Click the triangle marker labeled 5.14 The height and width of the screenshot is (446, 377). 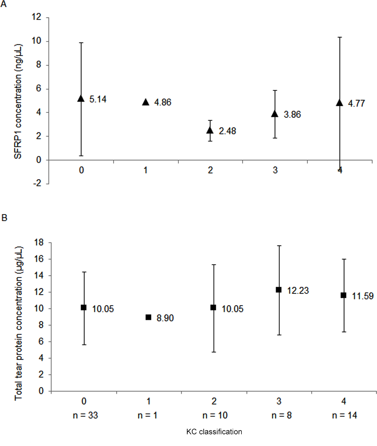81,99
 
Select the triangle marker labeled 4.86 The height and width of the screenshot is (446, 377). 146,102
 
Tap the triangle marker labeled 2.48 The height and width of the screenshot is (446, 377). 210,130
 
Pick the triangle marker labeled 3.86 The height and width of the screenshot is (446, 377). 275,114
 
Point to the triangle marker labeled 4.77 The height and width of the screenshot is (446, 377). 339,103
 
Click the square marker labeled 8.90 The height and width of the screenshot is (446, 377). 149,317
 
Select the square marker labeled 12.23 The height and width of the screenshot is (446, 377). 279,290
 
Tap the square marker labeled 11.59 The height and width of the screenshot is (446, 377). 344,295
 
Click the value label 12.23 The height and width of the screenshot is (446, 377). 298,291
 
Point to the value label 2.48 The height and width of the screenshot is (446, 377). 227,131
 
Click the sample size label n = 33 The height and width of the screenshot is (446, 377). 85,415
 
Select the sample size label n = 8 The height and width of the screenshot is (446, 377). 281,415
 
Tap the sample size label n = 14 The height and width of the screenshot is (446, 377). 344,415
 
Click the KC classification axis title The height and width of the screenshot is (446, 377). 214,432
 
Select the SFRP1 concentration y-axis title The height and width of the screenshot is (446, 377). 18,101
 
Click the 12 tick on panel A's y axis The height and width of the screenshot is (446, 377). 37,17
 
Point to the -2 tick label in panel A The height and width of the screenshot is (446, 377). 37,183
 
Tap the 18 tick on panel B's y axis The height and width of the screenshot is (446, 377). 39,242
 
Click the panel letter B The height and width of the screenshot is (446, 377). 4,218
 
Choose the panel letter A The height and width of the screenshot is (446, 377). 4,4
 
